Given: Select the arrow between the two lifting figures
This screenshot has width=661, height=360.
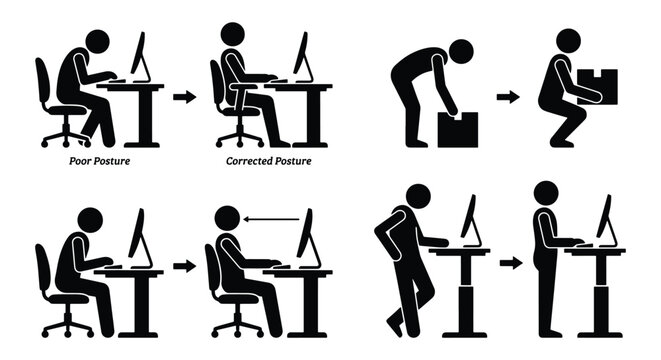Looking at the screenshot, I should (509, 97).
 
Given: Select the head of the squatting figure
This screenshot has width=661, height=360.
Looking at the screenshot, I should (568, 41).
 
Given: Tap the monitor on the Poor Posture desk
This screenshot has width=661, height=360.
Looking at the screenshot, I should (139, 57).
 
